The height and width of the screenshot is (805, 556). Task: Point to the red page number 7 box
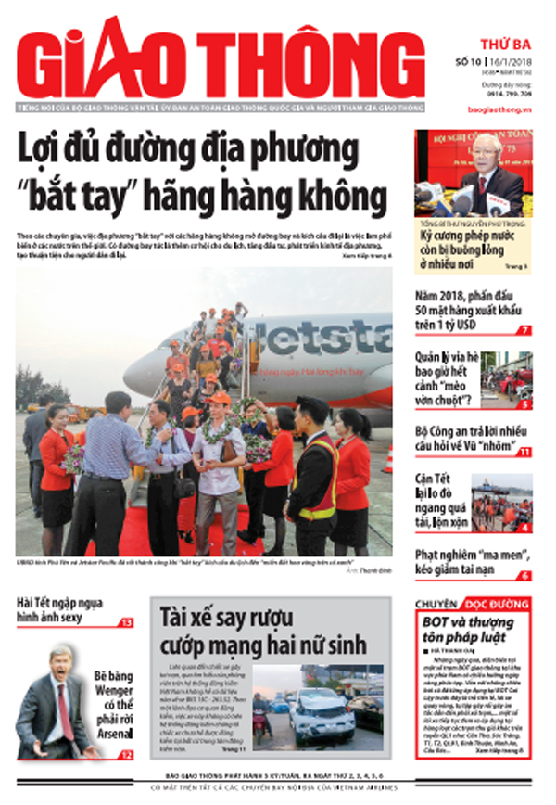[524, 330]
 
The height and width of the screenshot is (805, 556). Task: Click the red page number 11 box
[524, 452]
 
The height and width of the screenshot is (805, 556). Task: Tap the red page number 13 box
[126, 622]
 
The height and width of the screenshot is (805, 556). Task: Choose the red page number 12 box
[126, 755]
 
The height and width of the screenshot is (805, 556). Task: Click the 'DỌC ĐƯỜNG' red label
[500, 603]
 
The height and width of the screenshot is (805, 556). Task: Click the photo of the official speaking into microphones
[473, 173]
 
